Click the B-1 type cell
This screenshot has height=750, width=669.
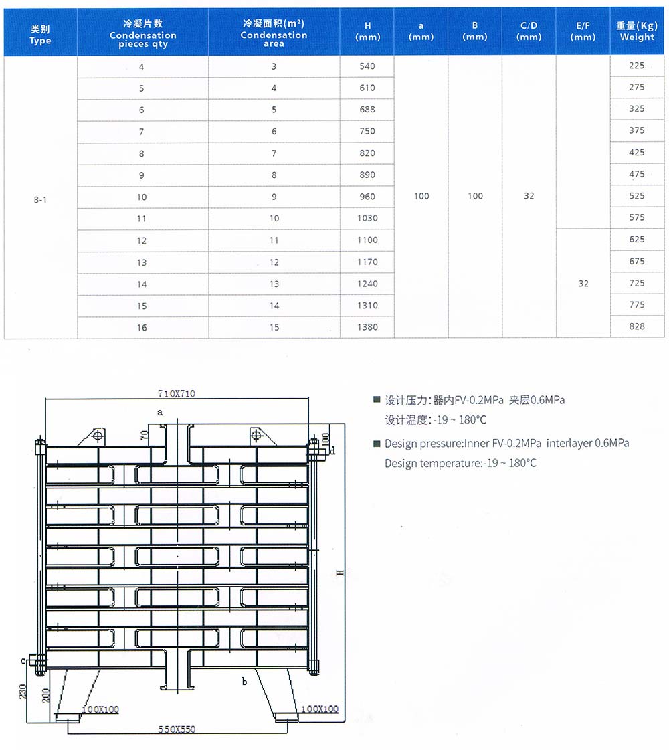(x=40, y=199)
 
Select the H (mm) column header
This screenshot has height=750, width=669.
(x=367, y=31)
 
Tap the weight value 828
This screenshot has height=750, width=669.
(x=637, y=326)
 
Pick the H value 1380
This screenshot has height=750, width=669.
(x=367, y=327)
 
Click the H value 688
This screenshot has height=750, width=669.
(x=367, y=109)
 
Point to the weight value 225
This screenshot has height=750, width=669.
(x=637, y=66)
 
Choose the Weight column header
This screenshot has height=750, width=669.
(x=637, y=31)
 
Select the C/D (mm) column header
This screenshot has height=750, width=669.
(x=529, y=31)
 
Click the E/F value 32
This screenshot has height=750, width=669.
(x=583, y=284)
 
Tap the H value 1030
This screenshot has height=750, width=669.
(x=367, y=218)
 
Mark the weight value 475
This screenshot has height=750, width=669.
(x=637, y=174)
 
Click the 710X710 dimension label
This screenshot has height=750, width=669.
(x=177, y=394)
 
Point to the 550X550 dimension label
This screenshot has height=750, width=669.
(x=177, y=729)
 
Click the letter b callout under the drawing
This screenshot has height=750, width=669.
(x=244, y=682)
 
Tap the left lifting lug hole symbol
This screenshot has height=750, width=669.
(x=98, y=436)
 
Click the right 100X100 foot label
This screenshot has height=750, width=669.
(x=320, y=709)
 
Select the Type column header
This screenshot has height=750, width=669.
(x=40, y=31)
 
